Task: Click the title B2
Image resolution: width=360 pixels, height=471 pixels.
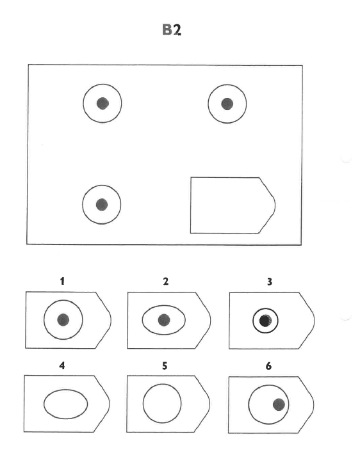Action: pos(172,29)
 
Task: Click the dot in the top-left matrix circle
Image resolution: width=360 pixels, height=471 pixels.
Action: pos(102,103)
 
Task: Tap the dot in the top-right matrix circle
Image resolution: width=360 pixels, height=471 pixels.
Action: pos(227,104)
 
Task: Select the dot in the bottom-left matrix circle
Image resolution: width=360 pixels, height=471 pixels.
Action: pos(102,205)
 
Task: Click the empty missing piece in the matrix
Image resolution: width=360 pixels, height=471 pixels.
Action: pos(233,205)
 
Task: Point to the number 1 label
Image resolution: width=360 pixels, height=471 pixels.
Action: pos(62,282)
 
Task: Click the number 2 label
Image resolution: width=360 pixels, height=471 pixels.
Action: pos(166,282)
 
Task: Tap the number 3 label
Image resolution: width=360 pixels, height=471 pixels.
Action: pos(270,282)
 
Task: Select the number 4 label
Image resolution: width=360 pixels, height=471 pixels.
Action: pos(62,365)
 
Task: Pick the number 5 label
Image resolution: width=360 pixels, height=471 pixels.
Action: pos(165,366)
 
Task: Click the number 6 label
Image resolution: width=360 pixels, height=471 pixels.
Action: pos(268,366)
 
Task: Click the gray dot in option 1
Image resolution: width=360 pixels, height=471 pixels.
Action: pos(63,320)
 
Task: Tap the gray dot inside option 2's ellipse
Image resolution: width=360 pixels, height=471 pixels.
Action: pos(164,320)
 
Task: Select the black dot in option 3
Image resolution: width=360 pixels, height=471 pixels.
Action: pos(265,321)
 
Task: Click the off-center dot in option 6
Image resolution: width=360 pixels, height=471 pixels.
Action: pos(279,404)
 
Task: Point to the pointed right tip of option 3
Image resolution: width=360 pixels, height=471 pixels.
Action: pos(315,321)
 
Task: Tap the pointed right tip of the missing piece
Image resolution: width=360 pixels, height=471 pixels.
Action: pos(275,206)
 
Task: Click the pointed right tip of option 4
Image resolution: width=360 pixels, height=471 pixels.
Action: pos(110,404)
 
